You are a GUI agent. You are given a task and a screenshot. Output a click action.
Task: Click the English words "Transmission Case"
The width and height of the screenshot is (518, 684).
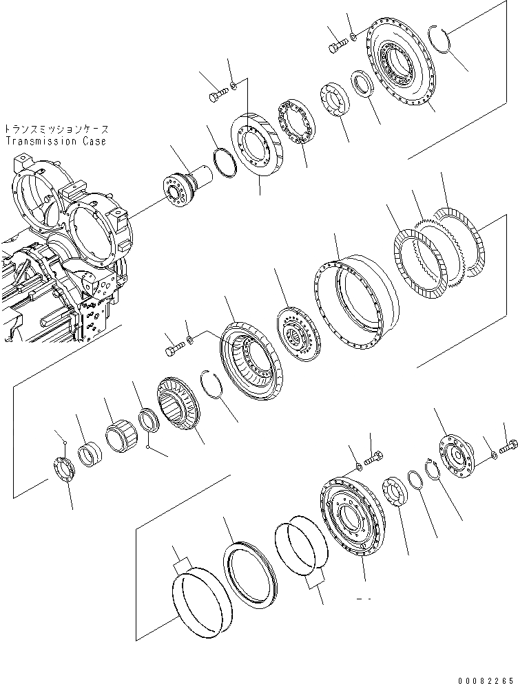(x=55, y=142)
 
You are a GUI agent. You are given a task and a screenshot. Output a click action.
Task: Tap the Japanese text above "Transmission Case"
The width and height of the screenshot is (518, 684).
(x=55, y=129)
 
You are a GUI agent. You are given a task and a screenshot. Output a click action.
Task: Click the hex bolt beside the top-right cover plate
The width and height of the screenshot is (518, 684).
(x=337, y=46)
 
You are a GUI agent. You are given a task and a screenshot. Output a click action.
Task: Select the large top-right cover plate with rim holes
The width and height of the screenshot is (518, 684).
(x=400, y=65)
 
